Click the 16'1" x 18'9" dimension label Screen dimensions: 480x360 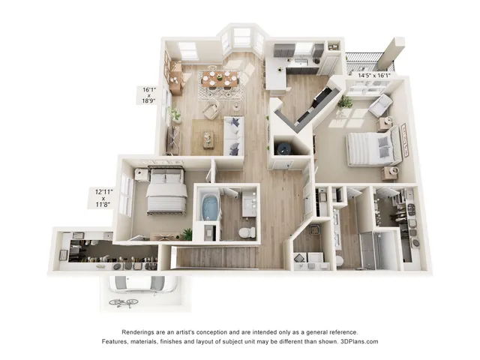coord(149,95)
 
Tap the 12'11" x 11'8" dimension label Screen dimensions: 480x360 coord(103,198)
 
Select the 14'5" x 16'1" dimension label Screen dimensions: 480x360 coord(374,75)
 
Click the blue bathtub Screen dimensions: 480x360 coord(209,208)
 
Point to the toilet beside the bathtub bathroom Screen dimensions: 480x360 coord(247,232)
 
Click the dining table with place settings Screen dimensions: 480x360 coord(220,79)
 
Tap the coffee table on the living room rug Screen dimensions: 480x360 coord(208,139)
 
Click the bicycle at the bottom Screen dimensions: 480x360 coord(124,303)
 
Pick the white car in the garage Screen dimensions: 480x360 coord(142,284)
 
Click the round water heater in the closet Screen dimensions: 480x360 coord(283,148)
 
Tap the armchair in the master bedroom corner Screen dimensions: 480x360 coord(380,105)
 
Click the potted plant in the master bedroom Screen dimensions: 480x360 coord(345,102)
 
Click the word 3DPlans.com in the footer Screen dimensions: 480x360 coord(359,341)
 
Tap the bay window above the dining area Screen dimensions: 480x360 coord(242,40)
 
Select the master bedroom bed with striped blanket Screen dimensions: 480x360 coord(373,146)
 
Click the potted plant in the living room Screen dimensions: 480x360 coord(175,115)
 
